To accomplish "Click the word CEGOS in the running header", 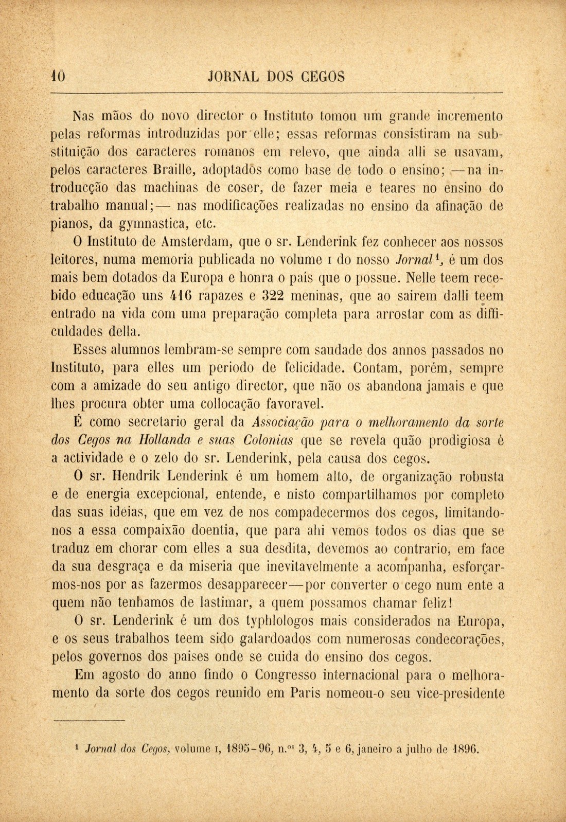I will (323, 76).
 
